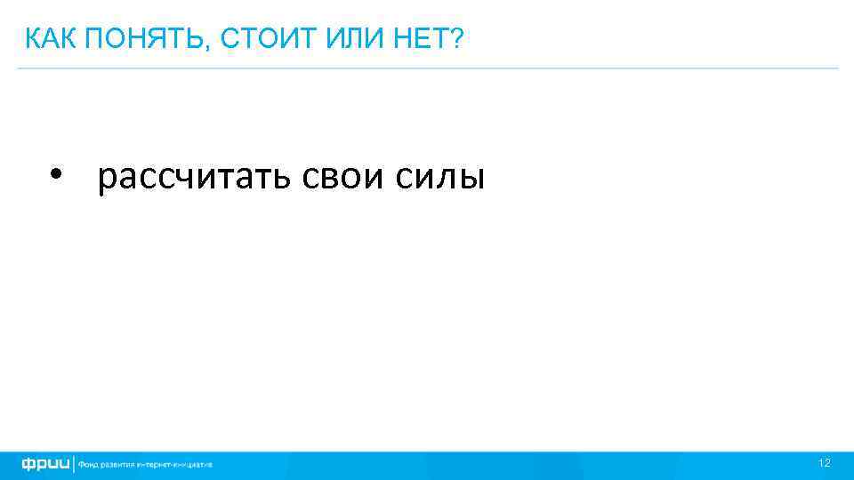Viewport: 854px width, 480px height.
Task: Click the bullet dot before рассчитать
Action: click(59, 173)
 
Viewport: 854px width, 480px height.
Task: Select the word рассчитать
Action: click(197, 178)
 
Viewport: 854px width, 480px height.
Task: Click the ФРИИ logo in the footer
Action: click(45, 464)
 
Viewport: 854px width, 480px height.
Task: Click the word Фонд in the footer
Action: click(89, 464)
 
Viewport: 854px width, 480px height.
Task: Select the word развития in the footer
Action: click(118, 464)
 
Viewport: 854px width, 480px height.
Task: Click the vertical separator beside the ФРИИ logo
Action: click(74, 464)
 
